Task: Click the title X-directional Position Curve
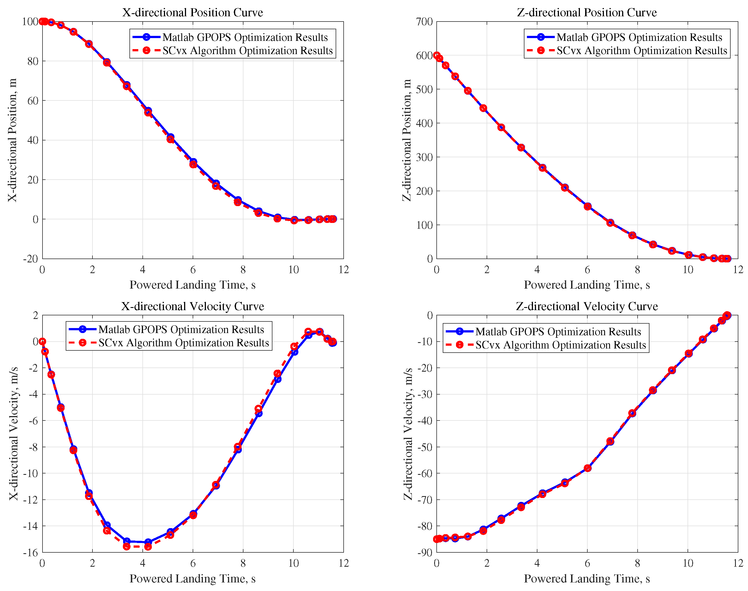coord(192,12)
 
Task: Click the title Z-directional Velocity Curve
coord(587,306)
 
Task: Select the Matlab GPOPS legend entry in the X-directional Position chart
coord(245,37)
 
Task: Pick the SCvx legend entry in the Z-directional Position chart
coord(641,50)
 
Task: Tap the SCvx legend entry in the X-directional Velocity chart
coord(184,343)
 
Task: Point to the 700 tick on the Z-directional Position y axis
coord(424,22)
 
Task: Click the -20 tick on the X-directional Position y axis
coord(30,259)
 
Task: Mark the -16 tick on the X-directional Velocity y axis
coord(30,553)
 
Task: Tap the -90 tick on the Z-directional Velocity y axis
coord(425,553)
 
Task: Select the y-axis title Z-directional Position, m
coord(407,140)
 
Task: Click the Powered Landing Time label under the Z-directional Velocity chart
coord(587,579)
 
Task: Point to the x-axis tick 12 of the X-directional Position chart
coord(343,270)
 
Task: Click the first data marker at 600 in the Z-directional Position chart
coord(437,55)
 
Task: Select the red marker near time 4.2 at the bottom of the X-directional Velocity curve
coord(148,547)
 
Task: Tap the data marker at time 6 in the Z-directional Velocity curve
coord(587,468)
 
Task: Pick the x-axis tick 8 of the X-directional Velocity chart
coord(243,563)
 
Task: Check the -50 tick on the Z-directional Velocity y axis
coord(425,447)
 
